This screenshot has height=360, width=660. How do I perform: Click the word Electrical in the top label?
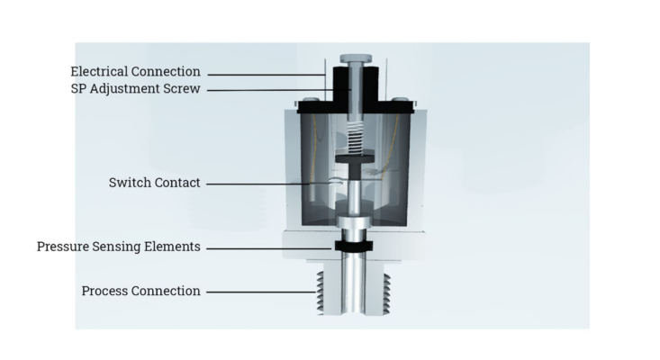[x=96, y=71]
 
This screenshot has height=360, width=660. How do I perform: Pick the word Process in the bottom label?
[x=104, y=291]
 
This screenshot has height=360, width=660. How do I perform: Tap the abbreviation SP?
[x=78, y=89]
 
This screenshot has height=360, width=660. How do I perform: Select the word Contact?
[x=177, y=183]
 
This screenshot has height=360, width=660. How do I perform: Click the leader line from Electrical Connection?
[x=267, y=75]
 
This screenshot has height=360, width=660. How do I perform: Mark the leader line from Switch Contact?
[x=258, y=184]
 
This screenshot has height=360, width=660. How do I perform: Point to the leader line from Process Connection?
[x=261, y=292]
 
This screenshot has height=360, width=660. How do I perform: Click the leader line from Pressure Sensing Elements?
[x=269, y=248]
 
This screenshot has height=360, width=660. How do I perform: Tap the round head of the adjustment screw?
[x=356, y=58]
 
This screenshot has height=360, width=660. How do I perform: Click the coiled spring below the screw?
[x=356, y=138]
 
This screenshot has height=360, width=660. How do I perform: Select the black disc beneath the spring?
[x=355, y=158]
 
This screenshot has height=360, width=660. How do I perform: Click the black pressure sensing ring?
[x=354, y=246]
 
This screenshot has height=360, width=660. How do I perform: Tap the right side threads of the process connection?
[x=386, y=293]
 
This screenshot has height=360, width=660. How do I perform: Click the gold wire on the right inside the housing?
[x=391, y=148]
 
